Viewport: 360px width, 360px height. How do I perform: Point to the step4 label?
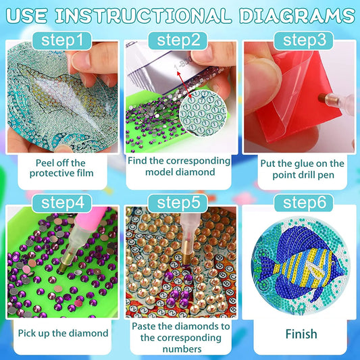point(61,202)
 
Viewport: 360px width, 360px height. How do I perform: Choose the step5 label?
point(179,202)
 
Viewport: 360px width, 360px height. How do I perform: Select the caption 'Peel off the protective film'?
point(61,168)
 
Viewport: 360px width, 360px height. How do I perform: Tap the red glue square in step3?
point(277,95)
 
